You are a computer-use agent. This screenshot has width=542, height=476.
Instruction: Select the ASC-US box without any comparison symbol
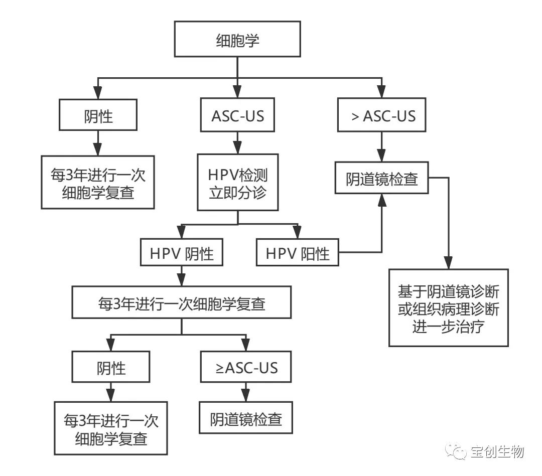[x=237, y=116]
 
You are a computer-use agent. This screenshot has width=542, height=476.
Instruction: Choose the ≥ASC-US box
[x=245, y=368]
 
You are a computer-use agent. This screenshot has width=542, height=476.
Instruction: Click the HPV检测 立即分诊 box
[x=237, y=183]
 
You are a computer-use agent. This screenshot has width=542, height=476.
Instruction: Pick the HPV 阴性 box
[x=182, y=253]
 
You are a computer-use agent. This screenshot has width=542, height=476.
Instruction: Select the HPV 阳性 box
[x=298, y=253]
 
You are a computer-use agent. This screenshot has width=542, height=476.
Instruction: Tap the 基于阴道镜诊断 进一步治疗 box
[x=448, y=307]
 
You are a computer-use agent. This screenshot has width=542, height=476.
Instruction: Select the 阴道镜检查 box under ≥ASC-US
[x=245, y=418]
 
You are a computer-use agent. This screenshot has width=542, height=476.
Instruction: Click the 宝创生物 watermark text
[x=497, y=452]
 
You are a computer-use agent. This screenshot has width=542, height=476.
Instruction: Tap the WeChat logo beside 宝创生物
[x=457, y=452]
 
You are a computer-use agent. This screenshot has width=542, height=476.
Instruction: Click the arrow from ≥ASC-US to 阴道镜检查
[x=245, y=393]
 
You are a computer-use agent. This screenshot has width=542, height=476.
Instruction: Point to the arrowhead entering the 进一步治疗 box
[x=448, y=263]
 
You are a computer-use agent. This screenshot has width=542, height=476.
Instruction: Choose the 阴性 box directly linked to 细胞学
[x=98, y=116]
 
